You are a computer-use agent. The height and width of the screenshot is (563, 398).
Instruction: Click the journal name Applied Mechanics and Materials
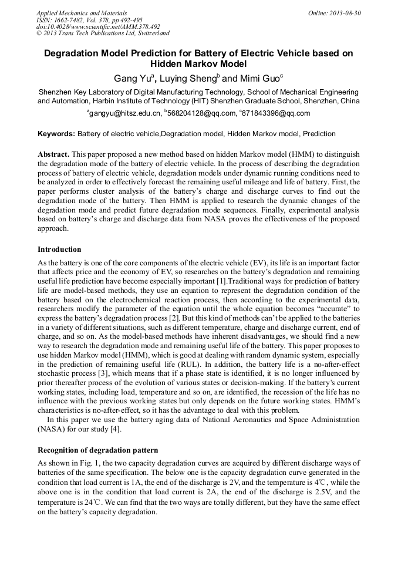[81, 13]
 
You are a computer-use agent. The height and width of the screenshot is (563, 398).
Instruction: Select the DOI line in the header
[98, 27]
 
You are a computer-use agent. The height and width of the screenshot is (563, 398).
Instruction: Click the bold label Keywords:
[56, 134]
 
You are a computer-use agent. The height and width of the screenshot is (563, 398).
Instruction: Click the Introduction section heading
[59, 250]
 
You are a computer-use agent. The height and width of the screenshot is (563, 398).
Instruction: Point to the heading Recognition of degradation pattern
[97, 450]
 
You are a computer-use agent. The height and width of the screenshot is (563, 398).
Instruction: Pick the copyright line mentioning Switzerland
[103, 34]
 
